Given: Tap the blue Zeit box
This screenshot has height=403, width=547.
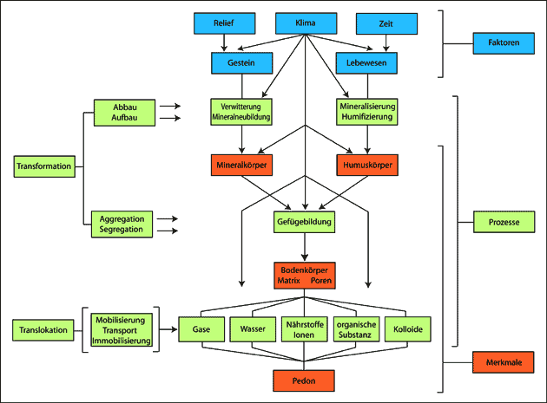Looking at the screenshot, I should pyautogui.click(x=386, y=23).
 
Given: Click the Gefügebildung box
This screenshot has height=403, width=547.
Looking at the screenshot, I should pyautogui.click(x=303, y=222).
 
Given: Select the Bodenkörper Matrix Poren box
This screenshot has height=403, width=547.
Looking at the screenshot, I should pyautogui.click(x=303, y=276).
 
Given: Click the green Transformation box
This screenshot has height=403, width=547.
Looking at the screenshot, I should pyautogui.click(x=43, y=165).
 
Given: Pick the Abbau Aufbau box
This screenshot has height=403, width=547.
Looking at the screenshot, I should pyautogui.click(x=125, y=111).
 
